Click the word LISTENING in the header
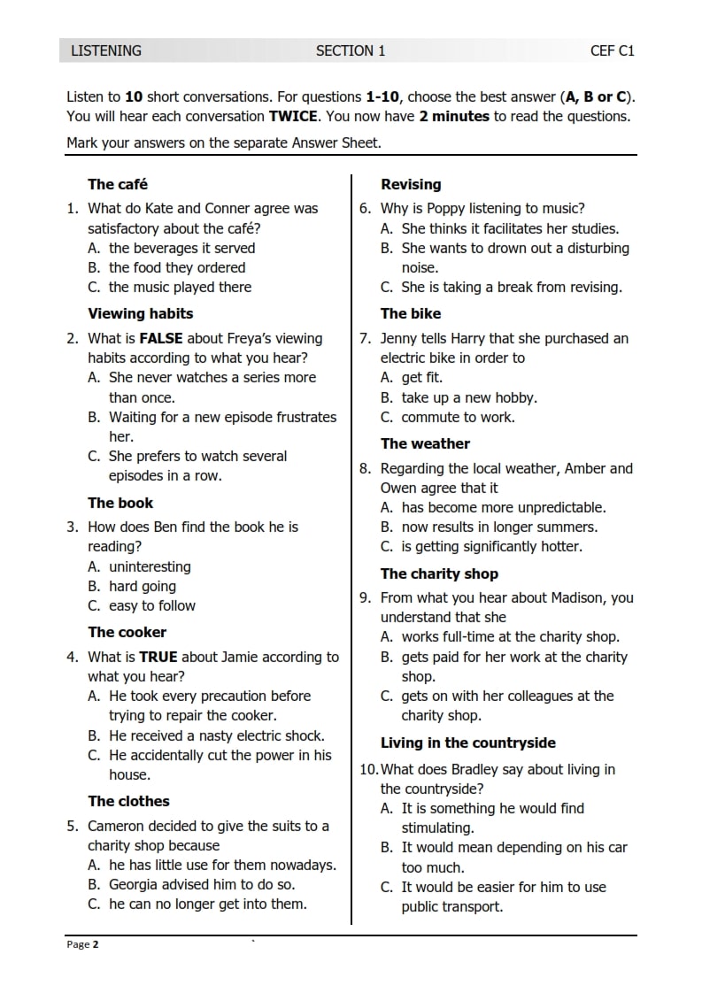coord(106,50)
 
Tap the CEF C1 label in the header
coord(613,50)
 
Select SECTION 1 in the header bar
coord(351,50)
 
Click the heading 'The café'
coord(118,184)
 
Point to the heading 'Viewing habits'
coord(140,313)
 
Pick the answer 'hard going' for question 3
coord(142,586)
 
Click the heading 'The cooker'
coord(127,632)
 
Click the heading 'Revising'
coord(411,184)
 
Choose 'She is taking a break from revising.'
coord(512,287)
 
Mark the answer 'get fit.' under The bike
coord(422,378)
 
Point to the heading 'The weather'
coord(425,443)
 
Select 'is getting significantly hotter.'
coord(491,546)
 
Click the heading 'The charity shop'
coord(439,573)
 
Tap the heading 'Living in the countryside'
coord(468,743)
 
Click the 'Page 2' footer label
coord(83,944)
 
